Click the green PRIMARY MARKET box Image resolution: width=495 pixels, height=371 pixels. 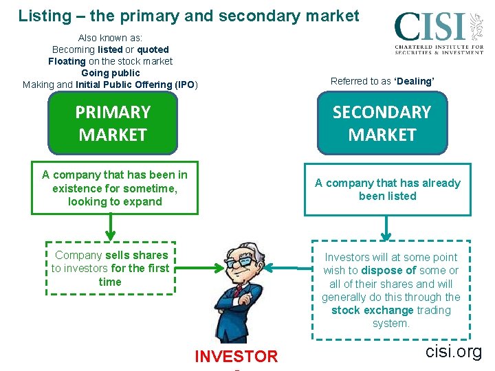coord(113,123)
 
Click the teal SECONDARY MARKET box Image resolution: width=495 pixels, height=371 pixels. coord(382,123)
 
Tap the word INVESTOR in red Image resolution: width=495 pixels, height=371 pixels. coord(236,356)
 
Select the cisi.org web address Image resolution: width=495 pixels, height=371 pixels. coord(454,352)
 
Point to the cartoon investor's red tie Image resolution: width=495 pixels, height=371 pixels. coord(236,293)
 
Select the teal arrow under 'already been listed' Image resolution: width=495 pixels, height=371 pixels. coord(388,227)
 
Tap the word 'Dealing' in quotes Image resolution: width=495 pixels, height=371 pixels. coord(414,81)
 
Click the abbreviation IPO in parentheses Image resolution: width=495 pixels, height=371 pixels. coord(185,85)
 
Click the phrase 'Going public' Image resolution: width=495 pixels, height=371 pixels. coord(110,73)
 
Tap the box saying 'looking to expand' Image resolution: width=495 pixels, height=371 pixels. coord(115,188)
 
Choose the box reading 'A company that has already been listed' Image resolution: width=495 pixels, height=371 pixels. coord(388,190)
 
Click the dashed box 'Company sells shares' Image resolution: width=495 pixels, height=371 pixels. coord(110,268)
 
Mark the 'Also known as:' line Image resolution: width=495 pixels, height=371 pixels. coord(110,38)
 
